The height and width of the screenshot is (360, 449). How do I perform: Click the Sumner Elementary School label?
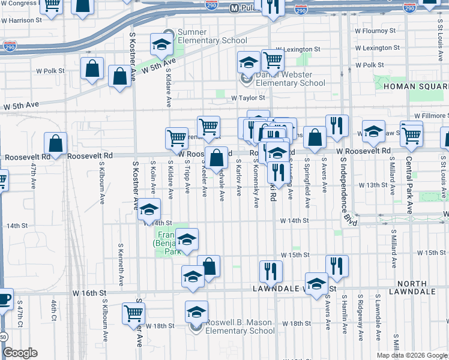[205, 36]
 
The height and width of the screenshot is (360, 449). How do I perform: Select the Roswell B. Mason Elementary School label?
[240, 326]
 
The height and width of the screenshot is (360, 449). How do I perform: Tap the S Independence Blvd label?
[345, 189]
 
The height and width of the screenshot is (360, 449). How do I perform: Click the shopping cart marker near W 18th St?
[133, 313]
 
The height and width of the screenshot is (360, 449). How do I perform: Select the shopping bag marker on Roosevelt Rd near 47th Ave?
[56, 143]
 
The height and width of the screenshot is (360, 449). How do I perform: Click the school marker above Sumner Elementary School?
[161, 43]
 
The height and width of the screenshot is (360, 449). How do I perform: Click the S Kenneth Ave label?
[121, 264]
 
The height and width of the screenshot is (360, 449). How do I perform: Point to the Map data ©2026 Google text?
[412, 355]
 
